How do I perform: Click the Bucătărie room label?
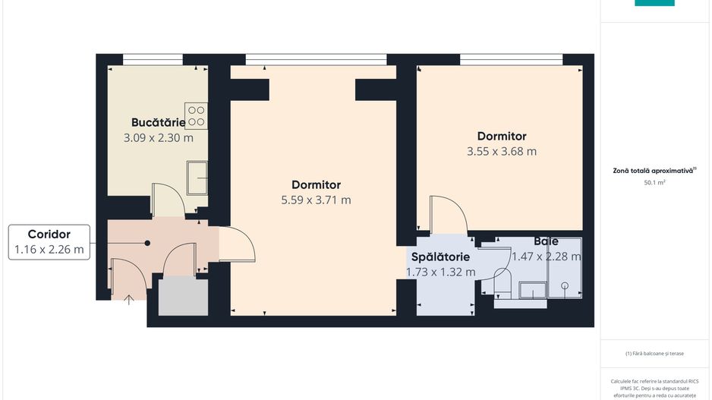coord(158,122)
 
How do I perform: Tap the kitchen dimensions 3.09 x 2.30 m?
coord(158,138)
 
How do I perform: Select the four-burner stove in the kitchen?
coord(196,115)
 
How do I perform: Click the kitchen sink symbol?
coord(197,178)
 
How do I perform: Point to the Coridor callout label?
coord(49,235)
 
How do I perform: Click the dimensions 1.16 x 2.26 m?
coord(49,249)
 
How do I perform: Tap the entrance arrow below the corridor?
coord(129,300)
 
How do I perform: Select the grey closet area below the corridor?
coord(182,295)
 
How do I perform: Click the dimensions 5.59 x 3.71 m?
coord(316,200)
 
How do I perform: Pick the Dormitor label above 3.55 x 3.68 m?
coord(501,137)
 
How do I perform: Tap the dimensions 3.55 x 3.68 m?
coord(501,151)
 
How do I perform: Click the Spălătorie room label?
coord(440,257)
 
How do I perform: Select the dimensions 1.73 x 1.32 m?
coord(440,272)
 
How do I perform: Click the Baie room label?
coord(545,241)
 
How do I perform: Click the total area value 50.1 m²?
coord(654,183)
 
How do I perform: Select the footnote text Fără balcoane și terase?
coord(654,354)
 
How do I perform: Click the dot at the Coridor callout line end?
coord(147,243)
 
